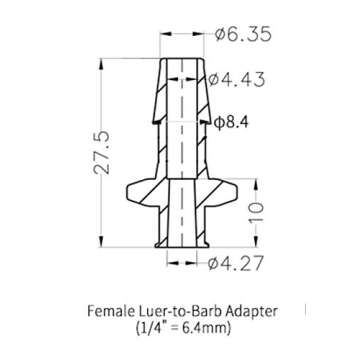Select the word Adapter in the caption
click(251, 308)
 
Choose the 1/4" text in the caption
click(149, 326)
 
